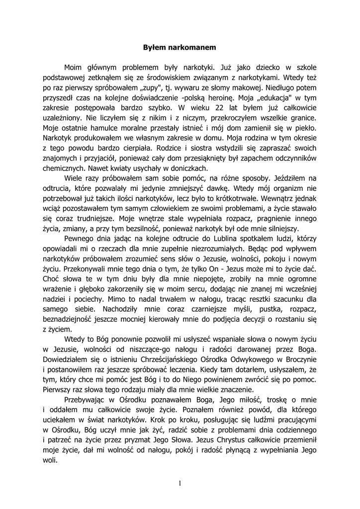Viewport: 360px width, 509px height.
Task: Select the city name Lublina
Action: [x=215, y=239]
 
